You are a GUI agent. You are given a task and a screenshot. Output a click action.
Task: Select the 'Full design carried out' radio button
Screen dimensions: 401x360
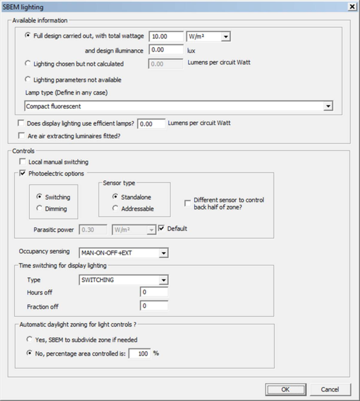pyautogui.click(x=28, y=36)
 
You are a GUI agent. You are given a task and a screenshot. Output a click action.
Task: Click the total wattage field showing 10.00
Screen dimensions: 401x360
pyautogui.click(x=166, y=37)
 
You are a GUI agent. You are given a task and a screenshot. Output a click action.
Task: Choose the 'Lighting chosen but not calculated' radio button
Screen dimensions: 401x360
pyautogui.click(x=28, y=63)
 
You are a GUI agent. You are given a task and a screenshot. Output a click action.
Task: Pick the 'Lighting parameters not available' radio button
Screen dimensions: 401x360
pyautogui.click(x=28, y=79)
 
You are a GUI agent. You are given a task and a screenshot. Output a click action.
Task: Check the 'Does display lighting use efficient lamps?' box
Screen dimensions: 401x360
pyautogui.click(x=22, y=123)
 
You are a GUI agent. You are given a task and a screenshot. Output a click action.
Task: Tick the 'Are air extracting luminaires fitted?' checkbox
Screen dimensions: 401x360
pyautogui.click(x=22, y=135)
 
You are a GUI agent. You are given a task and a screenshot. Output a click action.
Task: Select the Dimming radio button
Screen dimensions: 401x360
pyautogui.click(x=39, y=208)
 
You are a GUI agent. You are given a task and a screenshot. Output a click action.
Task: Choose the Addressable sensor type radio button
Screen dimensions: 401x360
pyautogui.click(x=115, y=208)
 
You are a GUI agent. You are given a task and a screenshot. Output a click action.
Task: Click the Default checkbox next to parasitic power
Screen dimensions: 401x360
pyautogui.click(x=161, y=229)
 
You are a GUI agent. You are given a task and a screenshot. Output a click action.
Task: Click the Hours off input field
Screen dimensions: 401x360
pyautogui.click(x=154, y=292)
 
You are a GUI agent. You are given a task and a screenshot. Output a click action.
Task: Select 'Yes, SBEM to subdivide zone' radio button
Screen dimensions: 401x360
pyautogui.click(x=28, y=339)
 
